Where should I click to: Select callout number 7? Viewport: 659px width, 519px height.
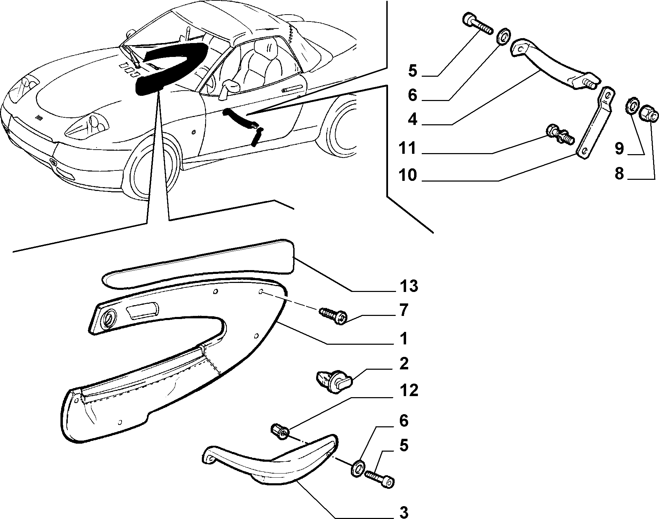pos(403,310)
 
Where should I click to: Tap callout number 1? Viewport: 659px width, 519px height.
pos(403,338)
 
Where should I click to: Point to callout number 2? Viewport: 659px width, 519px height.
pos(404,364)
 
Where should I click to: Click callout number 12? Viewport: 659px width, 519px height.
pos(409,391)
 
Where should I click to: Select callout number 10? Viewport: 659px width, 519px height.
pos(408,175)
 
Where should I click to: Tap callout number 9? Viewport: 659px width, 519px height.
pos(619,148)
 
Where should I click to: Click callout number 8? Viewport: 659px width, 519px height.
pos(619,174)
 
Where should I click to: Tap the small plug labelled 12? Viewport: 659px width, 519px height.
pos(280,431)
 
